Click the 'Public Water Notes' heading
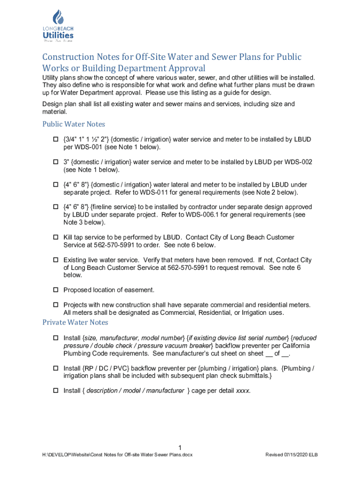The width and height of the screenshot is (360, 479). click(73, 124)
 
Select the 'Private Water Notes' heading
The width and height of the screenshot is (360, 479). click(75, 322)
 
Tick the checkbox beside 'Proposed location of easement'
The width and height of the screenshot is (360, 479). click(55, 290)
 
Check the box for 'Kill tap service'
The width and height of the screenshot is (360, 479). click(55, 238)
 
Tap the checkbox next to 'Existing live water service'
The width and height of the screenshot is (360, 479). click(55, 260)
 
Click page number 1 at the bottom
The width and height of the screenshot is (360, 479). click(180, 446)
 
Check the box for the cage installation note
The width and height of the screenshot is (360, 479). click(55, 391)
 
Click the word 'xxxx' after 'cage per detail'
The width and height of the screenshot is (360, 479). click(243, 391)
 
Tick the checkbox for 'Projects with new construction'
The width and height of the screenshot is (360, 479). click(55, 305)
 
